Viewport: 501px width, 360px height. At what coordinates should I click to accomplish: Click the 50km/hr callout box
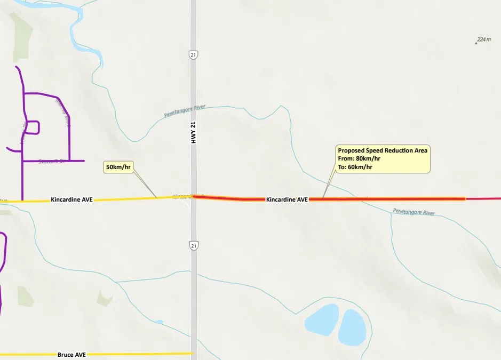118,167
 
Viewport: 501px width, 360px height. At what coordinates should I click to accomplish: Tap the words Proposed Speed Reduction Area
383,150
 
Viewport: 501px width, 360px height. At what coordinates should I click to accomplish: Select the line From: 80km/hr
359,158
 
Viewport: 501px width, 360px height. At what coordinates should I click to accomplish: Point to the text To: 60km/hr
355,167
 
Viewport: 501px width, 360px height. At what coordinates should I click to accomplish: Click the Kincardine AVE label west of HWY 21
71,199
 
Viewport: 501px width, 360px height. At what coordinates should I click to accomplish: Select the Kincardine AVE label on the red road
287,199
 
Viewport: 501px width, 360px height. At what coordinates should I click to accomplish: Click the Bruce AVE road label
71,355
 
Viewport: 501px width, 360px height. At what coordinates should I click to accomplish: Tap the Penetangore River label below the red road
413,212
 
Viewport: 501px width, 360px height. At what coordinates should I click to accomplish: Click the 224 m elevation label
484,39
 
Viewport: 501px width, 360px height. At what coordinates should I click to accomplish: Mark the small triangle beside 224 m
476,43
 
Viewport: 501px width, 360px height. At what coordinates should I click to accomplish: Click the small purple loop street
31,127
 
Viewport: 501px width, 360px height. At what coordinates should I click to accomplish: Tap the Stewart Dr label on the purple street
51,161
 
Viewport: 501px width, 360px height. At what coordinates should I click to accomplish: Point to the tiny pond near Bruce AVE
159,322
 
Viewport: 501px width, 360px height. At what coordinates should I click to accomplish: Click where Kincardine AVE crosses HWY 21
193,197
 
